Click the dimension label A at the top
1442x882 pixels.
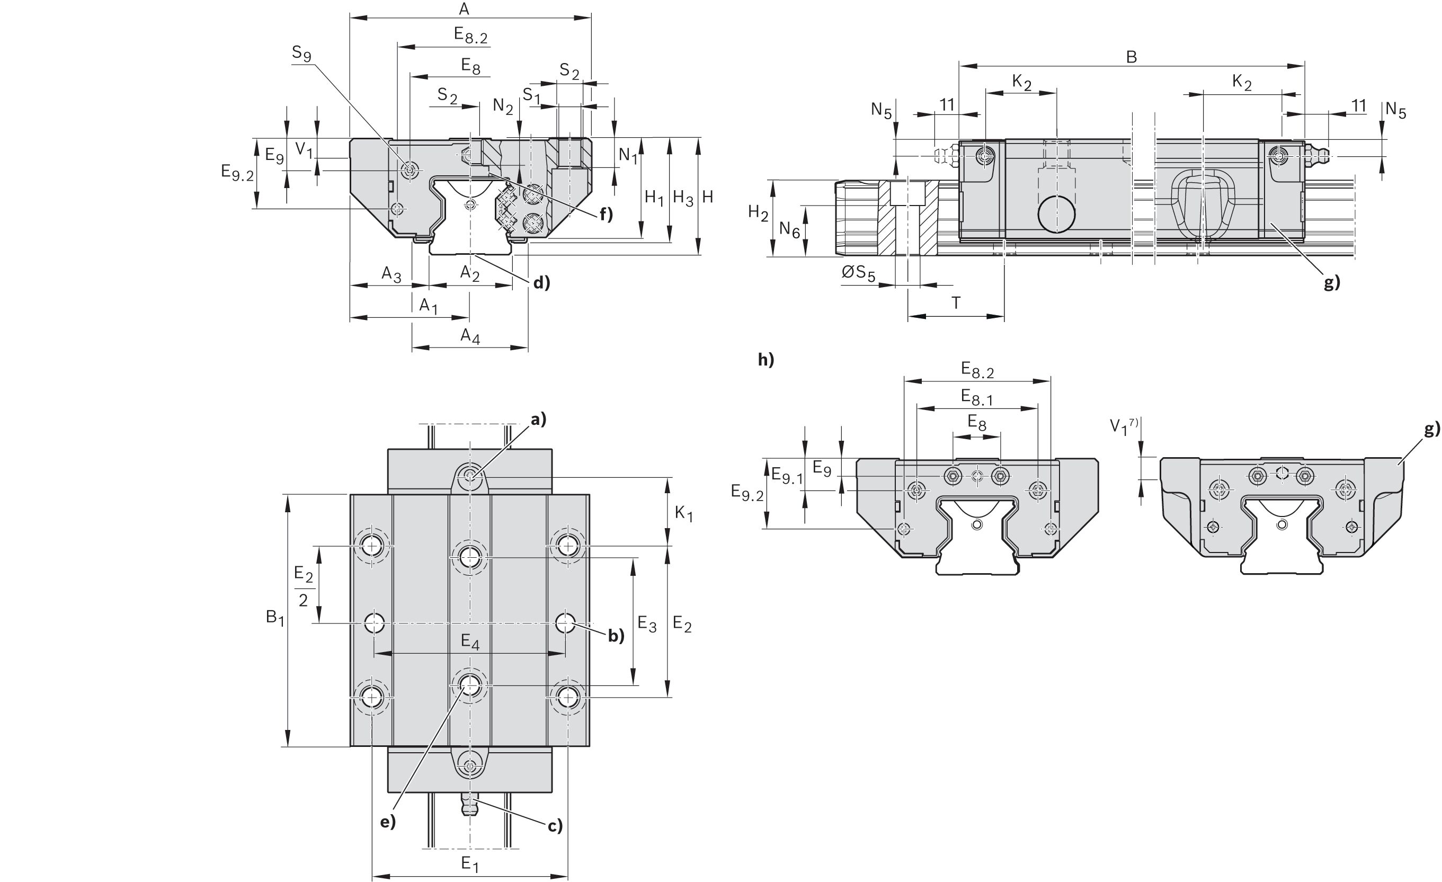pos(464,9)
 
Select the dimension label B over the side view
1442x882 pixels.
pos(1131,57)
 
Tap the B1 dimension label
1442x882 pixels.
pos(274,617)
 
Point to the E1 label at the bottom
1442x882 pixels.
pos(469,864)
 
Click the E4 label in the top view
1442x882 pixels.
pos(470,642)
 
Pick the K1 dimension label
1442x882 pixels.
pos(683,514)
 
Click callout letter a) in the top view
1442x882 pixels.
pos(538,418)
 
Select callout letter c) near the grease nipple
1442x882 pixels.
pos(555,826)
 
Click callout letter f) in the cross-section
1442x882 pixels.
pos(605,215)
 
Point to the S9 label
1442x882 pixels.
pos(301,54)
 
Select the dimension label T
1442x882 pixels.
pos(956,303)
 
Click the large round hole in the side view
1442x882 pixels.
pos(1056,213)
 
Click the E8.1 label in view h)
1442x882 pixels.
pos(977,398)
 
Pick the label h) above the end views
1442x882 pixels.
pos(765,359)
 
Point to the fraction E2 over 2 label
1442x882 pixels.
pos(303,586)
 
